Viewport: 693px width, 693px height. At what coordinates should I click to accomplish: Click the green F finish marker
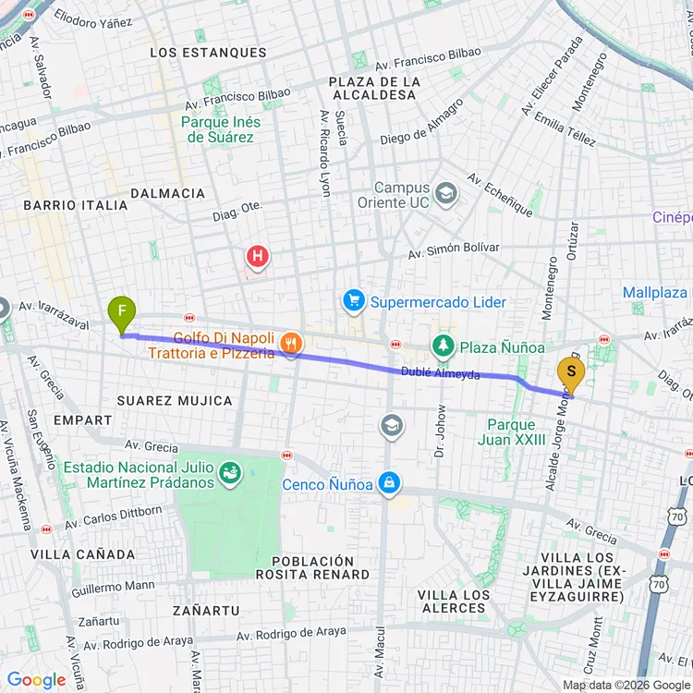[121, 314]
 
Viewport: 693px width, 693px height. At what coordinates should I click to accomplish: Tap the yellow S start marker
[571, 375]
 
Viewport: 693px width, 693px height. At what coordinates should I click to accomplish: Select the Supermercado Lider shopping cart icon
[353, 300]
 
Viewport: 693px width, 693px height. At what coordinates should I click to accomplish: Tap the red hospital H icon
[257, 255]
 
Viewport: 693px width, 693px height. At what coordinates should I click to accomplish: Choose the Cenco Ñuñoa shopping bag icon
[390, 483]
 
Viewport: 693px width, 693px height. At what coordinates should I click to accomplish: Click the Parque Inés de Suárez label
[221, 129]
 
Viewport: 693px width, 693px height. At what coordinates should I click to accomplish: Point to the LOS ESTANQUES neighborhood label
[208, 53]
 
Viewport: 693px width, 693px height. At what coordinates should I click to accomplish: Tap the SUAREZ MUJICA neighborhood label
[175, 400]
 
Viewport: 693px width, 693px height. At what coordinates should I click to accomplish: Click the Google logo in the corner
[36, 680]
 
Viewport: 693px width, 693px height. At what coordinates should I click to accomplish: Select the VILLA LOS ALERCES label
[453, 601]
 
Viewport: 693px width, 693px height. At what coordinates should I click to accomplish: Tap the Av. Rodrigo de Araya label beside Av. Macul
[291, 633]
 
